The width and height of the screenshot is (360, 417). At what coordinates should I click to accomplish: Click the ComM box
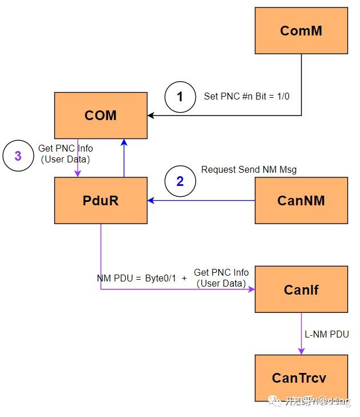pyautogui.click(x=301, y=31)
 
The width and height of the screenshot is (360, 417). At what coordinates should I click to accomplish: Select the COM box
pyautogui.click(x=101, y=116)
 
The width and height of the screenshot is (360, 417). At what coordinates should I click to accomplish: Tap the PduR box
pyautogui.click(x=101, y=200)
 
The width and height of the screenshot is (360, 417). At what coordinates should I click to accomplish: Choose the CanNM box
pyautogui.click(x=301, y=200)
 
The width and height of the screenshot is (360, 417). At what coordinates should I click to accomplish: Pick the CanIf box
pyautogui.click(x=301, y=289)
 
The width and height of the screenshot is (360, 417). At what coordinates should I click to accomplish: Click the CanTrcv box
pyautogui.click(x=301, y=378)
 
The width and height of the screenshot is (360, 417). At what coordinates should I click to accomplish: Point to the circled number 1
pyautogui.click(x=180, y=97)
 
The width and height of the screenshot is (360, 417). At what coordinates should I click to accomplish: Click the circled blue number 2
pyautogui.click(x=180, y=181)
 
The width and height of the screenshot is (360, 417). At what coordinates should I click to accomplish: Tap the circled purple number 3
pyautogui.click(x=18, y=156)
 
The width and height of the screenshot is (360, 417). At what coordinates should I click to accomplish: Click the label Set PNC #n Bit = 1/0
pyautogui.click(x=246, y=96)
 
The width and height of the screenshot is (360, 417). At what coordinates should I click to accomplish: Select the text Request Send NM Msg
pyautogui.click(x=249, y=170)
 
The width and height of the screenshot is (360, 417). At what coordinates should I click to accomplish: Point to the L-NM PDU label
pyautogui.click(x=326, y=334)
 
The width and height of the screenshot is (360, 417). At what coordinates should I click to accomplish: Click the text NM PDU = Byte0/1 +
pyautogui.click(x=142, y=278)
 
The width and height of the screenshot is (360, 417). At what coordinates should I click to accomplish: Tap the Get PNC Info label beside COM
pyautogui.click(x=65, y=153)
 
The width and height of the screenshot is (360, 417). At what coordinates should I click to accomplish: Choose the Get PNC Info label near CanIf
pyautogui.click(x=221, y=278)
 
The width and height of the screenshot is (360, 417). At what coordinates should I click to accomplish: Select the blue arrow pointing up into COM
pyautogui.click(x=124, y=157)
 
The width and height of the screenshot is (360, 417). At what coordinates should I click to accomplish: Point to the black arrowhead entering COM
pyautogui.click(x=151, y=116)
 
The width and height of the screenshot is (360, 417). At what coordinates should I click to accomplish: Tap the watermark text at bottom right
pyautogui.click(x=317, y=402)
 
